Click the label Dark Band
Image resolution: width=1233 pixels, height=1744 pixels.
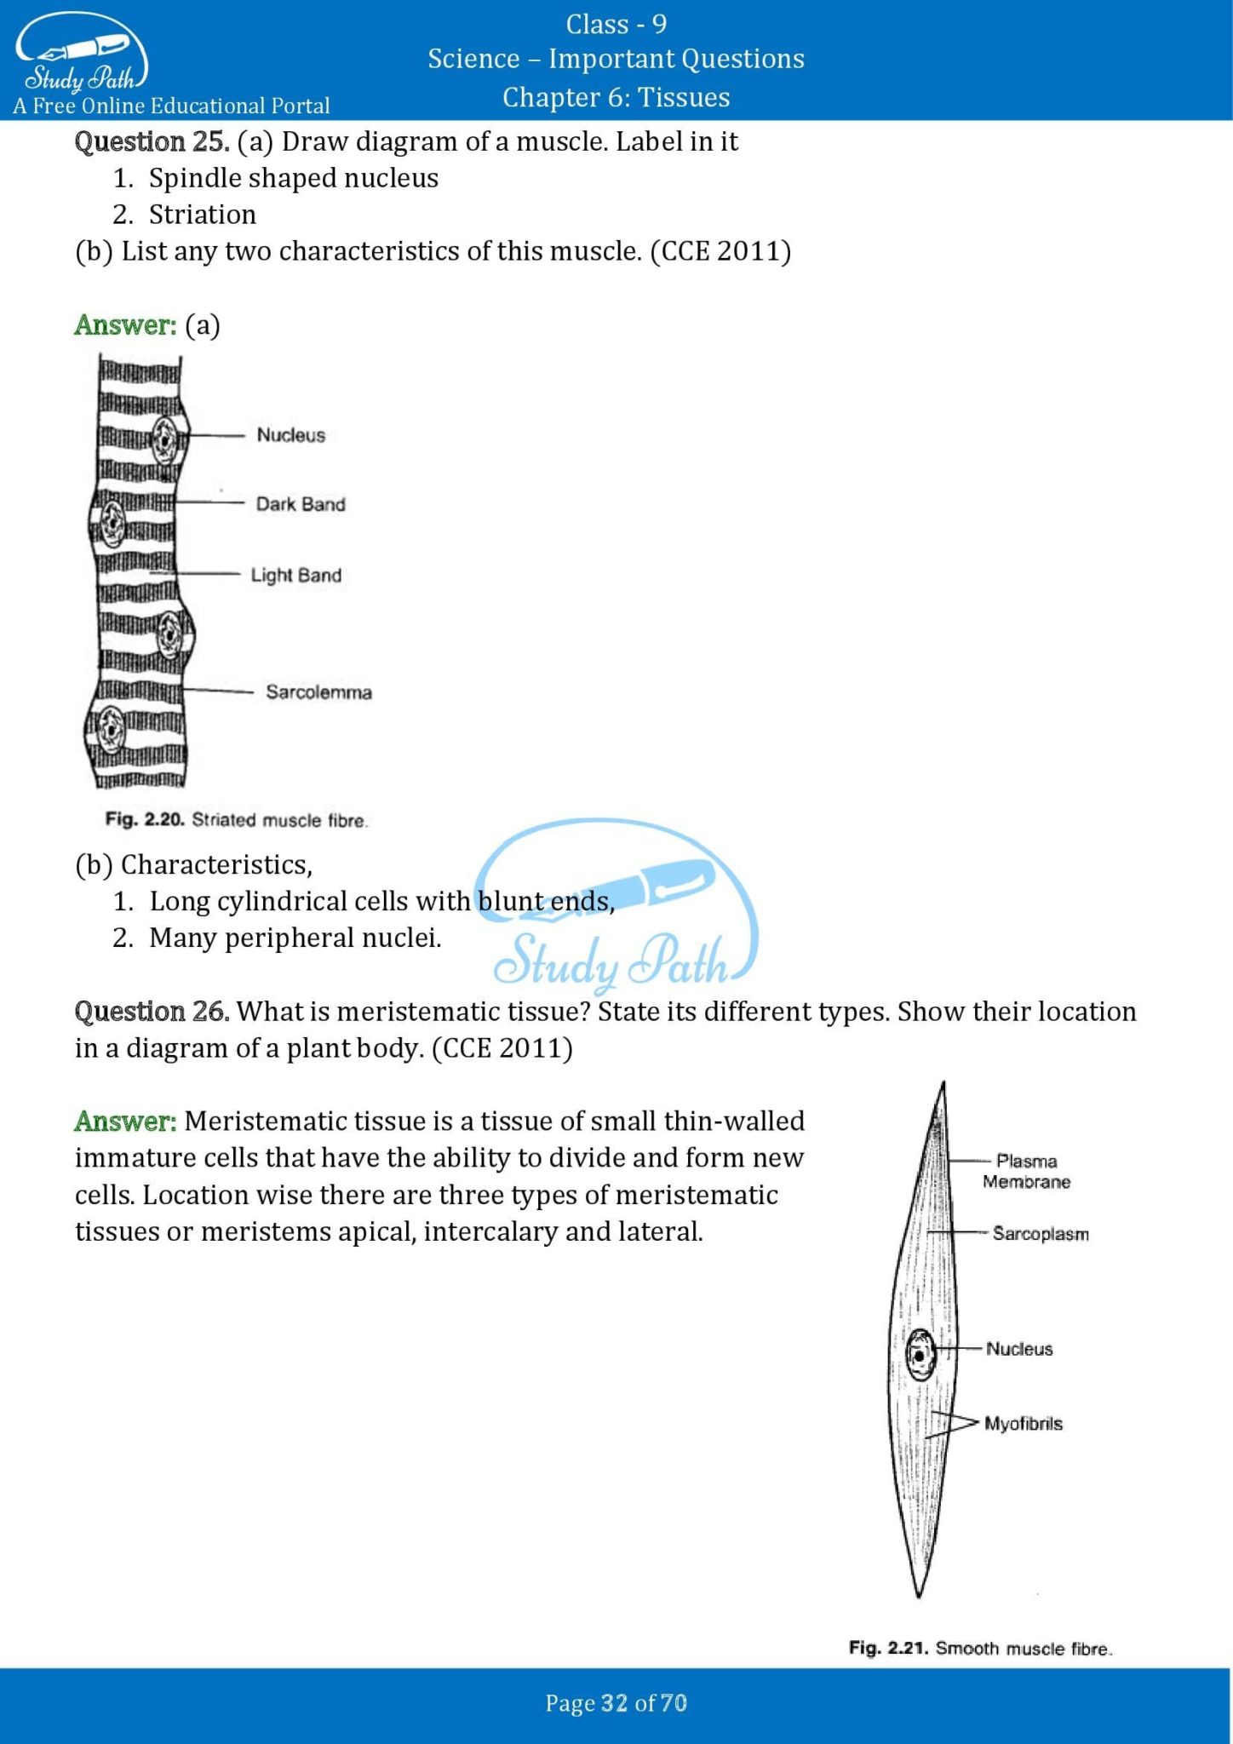[301, 504]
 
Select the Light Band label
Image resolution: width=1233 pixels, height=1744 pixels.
[295, 576]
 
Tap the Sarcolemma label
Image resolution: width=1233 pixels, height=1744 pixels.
[318, 692]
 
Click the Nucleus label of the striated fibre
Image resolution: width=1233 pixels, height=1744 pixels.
[291, 435]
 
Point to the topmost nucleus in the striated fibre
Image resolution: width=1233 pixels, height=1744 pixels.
[163, 439]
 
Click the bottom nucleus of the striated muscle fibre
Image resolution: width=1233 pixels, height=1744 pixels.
[110, 729]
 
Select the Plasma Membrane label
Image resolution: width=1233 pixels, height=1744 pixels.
[1026, 1172]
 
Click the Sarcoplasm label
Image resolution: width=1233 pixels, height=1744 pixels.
[1041, 1234]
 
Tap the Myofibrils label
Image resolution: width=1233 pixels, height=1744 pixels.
[1024, 1424]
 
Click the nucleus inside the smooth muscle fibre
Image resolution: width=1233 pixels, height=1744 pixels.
[920, 1354]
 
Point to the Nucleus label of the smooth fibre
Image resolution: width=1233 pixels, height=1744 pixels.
[1019, 1349]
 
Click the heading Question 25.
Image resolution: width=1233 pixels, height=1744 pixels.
[152, 141]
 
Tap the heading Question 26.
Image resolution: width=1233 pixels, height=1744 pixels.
[152, 1012]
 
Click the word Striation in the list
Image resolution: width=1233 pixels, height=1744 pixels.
[203, 215]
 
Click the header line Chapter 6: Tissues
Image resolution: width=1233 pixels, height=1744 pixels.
[616, 97]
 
